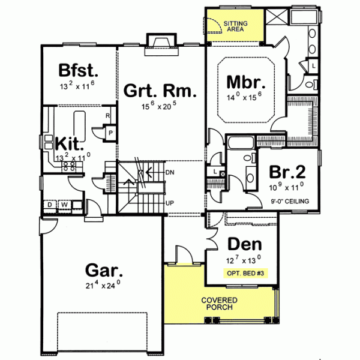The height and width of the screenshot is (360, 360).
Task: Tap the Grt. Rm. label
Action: click(160, 91)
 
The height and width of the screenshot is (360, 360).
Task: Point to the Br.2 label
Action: click(287, 172)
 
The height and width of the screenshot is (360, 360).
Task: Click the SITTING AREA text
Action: click(235, 26)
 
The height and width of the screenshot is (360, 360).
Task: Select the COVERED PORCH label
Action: click(219, 304)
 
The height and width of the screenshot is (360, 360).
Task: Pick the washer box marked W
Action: click(64, 205)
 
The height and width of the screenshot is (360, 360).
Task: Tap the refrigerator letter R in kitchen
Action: click(107, 115)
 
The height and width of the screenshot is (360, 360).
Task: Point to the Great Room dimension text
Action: click(160, 107)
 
